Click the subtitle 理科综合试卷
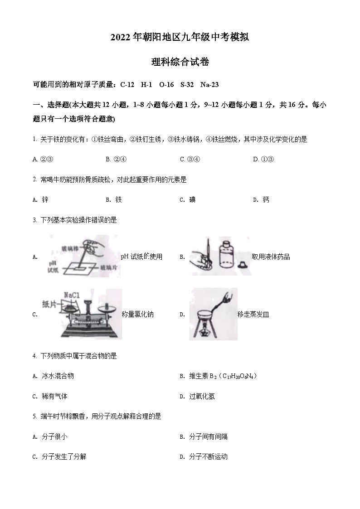pyautogui.click(x=180, y=63)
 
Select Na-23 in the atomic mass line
pyautogui.click(x=209, y=84)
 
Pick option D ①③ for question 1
pyautogui.click(x=263, y=159)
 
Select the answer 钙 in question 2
pyautogui.click(x=266, y=200)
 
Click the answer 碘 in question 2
pyautogui.click(x=192, y=200)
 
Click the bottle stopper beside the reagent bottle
pyautogui.click(x=245, y=264)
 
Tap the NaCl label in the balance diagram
pyautogui.click(x=72, y=295)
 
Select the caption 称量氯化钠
pyautogui.click(x=138, y=315)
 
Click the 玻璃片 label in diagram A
pyautogui.click(x=109, y=267)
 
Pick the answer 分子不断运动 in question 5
pyautogui.click(x=208, y=457)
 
